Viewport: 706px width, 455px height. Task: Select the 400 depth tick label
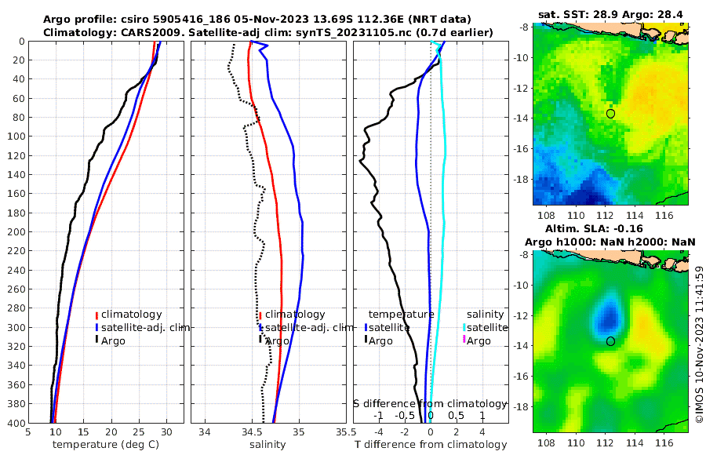(x=16, y=423)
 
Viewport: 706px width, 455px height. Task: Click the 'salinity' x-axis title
(x=267, y=445)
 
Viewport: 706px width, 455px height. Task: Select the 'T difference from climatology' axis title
(x=431, y=445)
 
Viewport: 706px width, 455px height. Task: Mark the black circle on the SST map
(x=611, y=114)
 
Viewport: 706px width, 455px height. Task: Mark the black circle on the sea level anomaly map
(x=611, y=341)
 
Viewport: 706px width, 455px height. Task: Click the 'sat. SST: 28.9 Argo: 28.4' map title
(x=611, y=16)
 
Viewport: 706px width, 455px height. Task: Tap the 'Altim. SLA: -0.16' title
(x=611, y=228)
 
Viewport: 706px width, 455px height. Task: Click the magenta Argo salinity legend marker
(x=464, y=340)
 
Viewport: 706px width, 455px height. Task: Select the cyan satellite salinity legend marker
(x=464, y=327)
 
